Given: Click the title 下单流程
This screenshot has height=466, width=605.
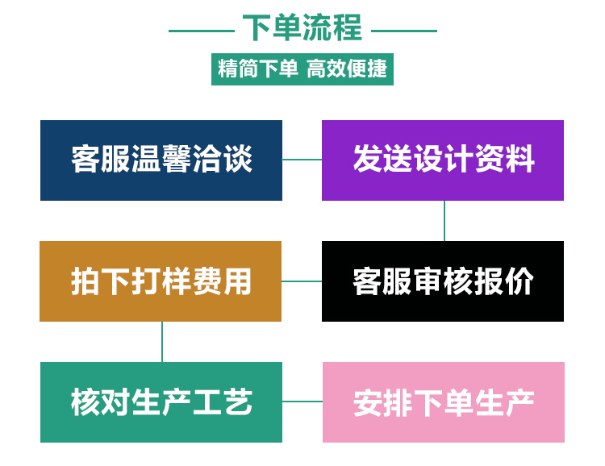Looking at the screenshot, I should [302, 28].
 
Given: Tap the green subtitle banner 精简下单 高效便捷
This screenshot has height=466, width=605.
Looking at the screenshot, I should [302, 69].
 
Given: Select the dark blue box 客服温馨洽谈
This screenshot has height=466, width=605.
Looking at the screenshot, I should [161, 160].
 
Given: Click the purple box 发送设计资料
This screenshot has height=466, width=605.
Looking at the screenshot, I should [443, 160].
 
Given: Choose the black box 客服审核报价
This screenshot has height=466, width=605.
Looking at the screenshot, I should [443, 281].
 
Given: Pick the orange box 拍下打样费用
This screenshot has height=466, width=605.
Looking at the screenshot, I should [161, 281].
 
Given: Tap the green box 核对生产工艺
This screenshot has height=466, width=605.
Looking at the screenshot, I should [161, 402].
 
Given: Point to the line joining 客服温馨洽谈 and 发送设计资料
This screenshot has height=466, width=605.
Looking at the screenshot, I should [302, 160].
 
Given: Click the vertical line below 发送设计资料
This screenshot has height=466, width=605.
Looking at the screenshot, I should [444, 221].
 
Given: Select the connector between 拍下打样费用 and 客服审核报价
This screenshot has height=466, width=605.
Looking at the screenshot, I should [302, 281].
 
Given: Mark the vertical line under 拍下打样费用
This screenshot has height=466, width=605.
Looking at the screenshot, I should [162, 341].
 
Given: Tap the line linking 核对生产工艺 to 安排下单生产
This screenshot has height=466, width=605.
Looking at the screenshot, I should [302, 401].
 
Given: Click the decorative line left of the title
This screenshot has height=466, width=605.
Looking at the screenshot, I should [201, 31].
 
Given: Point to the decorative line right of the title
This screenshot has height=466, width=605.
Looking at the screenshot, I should [403, 31].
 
